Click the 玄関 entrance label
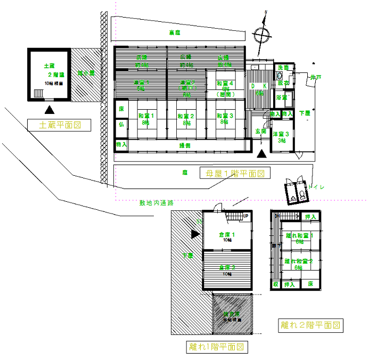pyautogui.click(x=260, y=130)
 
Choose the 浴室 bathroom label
pyautogui.click(x=282, y=97)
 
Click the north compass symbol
pyautogui.click(x=261, y=35)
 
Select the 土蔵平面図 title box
pyautogui.click(x=59, y=126)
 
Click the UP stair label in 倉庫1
pyautogui.click(x=245, y=216)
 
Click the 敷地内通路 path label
pyautogui.click(x=157, y=203)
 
